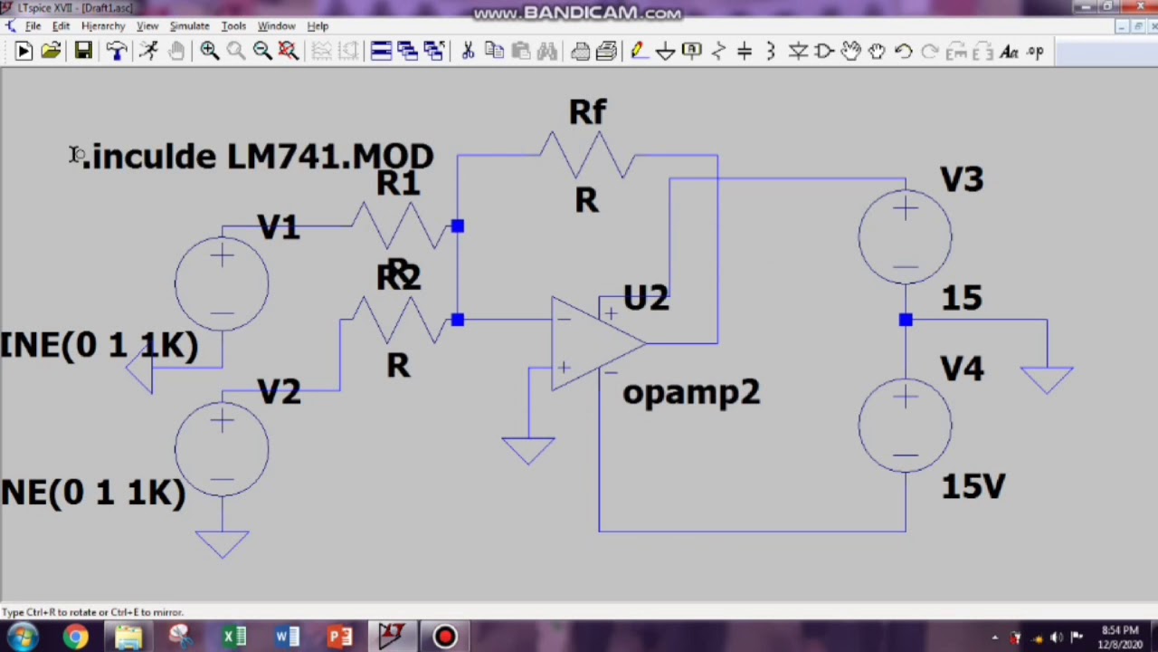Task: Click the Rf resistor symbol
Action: [587, 154]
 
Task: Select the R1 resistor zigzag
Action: [398, 225]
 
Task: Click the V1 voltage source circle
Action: [222, 283]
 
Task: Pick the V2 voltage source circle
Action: [222, 449]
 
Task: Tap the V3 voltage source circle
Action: [905, 237]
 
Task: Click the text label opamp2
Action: [691, 392]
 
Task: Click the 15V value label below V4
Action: [973, 487]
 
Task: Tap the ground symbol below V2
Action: [222, 542]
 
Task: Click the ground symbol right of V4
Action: [1047, 379]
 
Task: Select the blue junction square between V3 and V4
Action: [906, 320]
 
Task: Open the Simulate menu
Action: [189, 25]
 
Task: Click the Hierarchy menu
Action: [103, 25]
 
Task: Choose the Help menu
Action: [318, 25]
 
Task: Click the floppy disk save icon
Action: [83, 51]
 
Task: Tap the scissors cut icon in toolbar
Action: [468, 51]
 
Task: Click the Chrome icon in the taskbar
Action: [76, 637]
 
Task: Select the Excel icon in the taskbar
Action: [234, 637]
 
